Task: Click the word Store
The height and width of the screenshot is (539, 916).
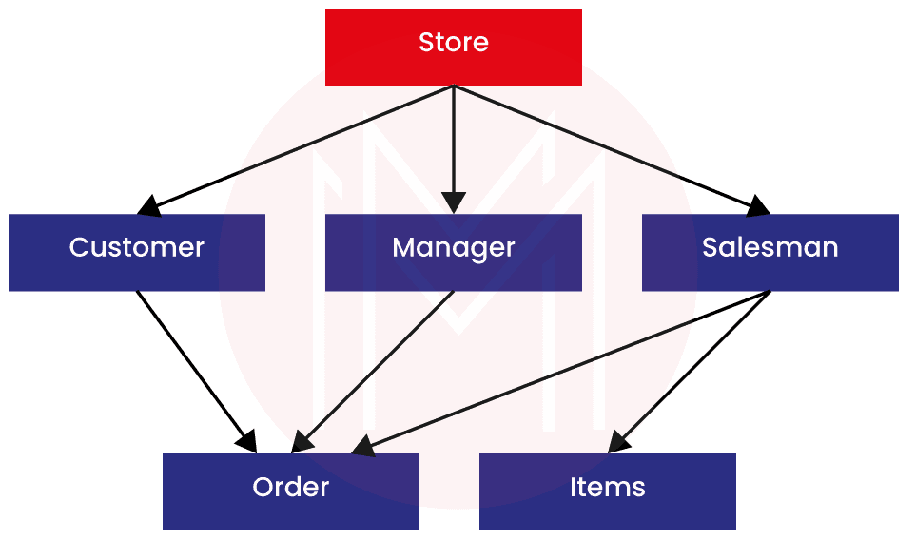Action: (x=453, y=42)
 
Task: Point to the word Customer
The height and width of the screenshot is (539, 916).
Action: (x=136, y=247)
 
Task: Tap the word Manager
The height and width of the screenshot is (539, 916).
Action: (x=453, y=247)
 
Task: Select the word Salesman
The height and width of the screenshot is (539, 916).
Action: (x=770, y=247)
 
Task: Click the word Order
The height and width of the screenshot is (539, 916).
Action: (x=290, y=487)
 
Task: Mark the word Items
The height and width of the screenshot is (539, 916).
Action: (x=607, y=487)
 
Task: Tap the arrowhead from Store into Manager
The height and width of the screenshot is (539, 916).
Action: (x=454, y=202)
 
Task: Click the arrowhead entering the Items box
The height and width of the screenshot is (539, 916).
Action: (x=619, y=441)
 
